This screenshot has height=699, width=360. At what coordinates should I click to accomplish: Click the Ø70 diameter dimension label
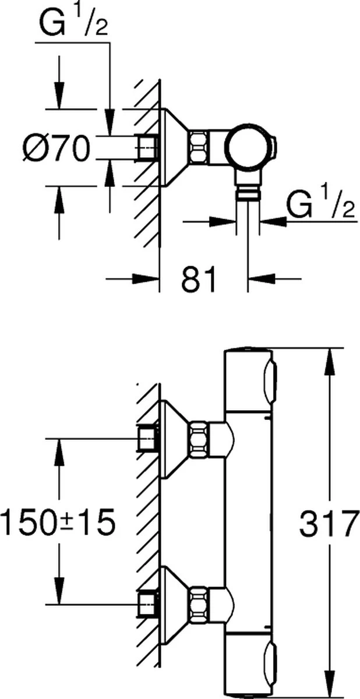57,147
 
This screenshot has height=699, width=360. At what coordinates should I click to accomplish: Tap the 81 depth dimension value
198,279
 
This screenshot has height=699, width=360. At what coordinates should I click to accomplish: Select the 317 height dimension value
327,525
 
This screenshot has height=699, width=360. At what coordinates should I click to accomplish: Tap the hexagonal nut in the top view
197,147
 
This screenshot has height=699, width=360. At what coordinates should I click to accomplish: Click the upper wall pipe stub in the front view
147,438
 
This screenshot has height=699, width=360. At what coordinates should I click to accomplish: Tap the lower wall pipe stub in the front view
147,603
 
